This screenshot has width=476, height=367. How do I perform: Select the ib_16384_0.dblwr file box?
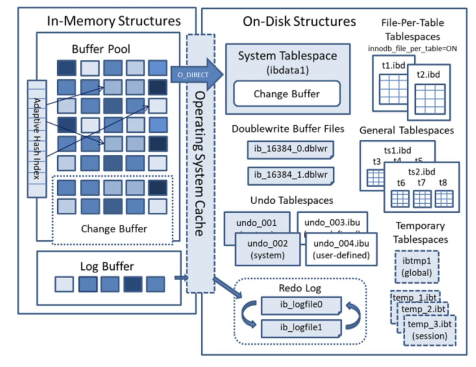tap(290, 149)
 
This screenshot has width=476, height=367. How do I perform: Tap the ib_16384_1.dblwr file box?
tap(290, 175)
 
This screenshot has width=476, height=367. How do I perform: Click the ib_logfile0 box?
tap(301, 305)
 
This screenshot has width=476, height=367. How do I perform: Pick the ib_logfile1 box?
tap(301, 327)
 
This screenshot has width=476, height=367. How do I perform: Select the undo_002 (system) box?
tap(267, 249)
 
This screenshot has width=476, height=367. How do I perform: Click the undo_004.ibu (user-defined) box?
tap(341, 249)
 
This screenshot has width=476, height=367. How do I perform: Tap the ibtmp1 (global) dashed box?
tap(417, 267)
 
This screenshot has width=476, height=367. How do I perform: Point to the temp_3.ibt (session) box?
tap(429, 330)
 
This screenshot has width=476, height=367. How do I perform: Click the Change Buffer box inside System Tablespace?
tap(287, 94)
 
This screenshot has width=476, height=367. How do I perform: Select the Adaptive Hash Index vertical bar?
tap(37, 139)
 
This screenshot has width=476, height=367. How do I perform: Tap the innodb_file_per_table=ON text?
tap(412, 49)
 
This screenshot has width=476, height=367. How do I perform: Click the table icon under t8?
tap(444, 198)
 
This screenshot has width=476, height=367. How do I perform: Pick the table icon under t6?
tap(400, 198)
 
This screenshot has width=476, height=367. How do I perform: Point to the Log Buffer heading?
tap(107, 266)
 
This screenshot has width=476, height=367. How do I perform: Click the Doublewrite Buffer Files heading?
tap(288, 129)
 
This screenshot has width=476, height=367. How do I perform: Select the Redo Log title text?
tap(300, 288)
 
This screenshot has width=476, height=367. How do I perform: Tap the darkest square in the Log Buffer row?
tap(133, 284)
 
